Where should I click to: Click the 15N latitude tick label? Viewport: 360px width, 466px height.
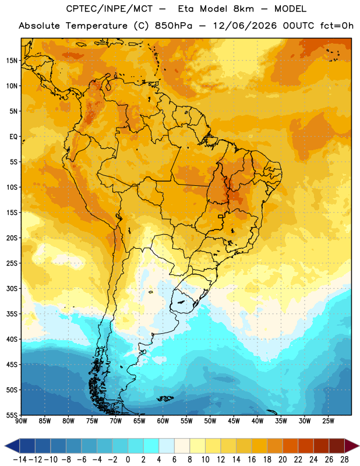pos(12,61)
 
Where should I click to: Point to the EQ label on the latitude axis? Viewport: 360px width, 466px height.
pos(13,137)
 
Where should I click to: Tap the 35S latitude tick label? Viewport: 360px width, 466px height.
pos(12,314)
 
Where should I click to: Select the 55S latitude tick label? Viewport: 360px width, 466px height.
pos(12,415)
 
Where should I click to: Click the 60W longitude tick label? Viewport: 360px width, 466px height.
pos(163,421)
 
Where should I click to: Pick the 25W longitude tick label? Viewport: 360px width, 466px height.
pos(328,421)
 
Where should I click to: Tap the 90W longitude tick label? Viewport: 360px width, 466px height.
pos(21,421)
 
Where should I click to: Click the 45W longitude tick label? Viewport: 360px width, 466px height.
pos(234,421)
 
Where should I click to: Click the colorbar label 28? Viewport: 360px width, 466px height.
pos(344,460)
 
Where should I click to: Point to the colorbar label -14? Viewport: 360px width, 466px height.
pos(20,460)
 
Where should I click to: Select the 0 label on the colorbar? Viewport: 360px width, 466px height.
pos(128,460)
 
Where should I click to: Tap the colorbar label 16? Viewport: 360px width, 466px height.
pos(252,460)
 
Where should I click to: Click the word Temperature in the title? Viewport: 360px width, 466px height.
pos(96,26)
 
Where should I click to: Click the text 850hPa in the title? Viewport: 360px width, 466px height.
pos(174,26)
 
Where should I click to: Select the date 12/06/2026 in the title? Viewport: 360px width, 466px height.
pos(244,26)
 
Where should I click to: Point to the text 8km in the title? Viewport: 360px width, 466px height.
pos(243,9)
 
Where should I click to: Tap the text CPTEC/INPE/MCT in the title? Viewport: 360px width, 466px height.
pos(109,9)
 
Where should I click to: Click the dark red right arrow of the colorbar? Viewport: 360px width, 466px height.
pos(352,446)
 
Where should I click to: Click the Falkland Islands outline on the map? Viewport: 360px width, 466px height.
pos(165,398)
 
